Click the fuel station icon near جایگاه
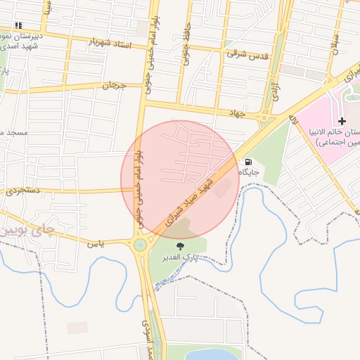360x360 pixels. (x=248, y=162)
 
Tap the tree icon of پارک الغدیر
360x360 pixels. (x=180, y=247)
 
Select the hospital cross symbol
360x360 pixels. (x=342, y=122)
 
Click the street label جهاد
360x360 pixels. (x=236, y=112)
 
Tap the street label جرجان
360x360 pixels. (x=113, y=85)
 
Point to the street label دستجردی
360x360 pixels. (x=23, y=190)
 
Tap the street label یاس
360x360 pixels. (x=96, y=244)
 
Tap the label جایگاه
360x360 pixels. (x=250, y=172)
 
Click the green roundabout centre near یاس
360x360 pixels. (x=141, y=245)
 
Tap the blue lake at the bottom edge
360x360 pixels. (x=211, y=354)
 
